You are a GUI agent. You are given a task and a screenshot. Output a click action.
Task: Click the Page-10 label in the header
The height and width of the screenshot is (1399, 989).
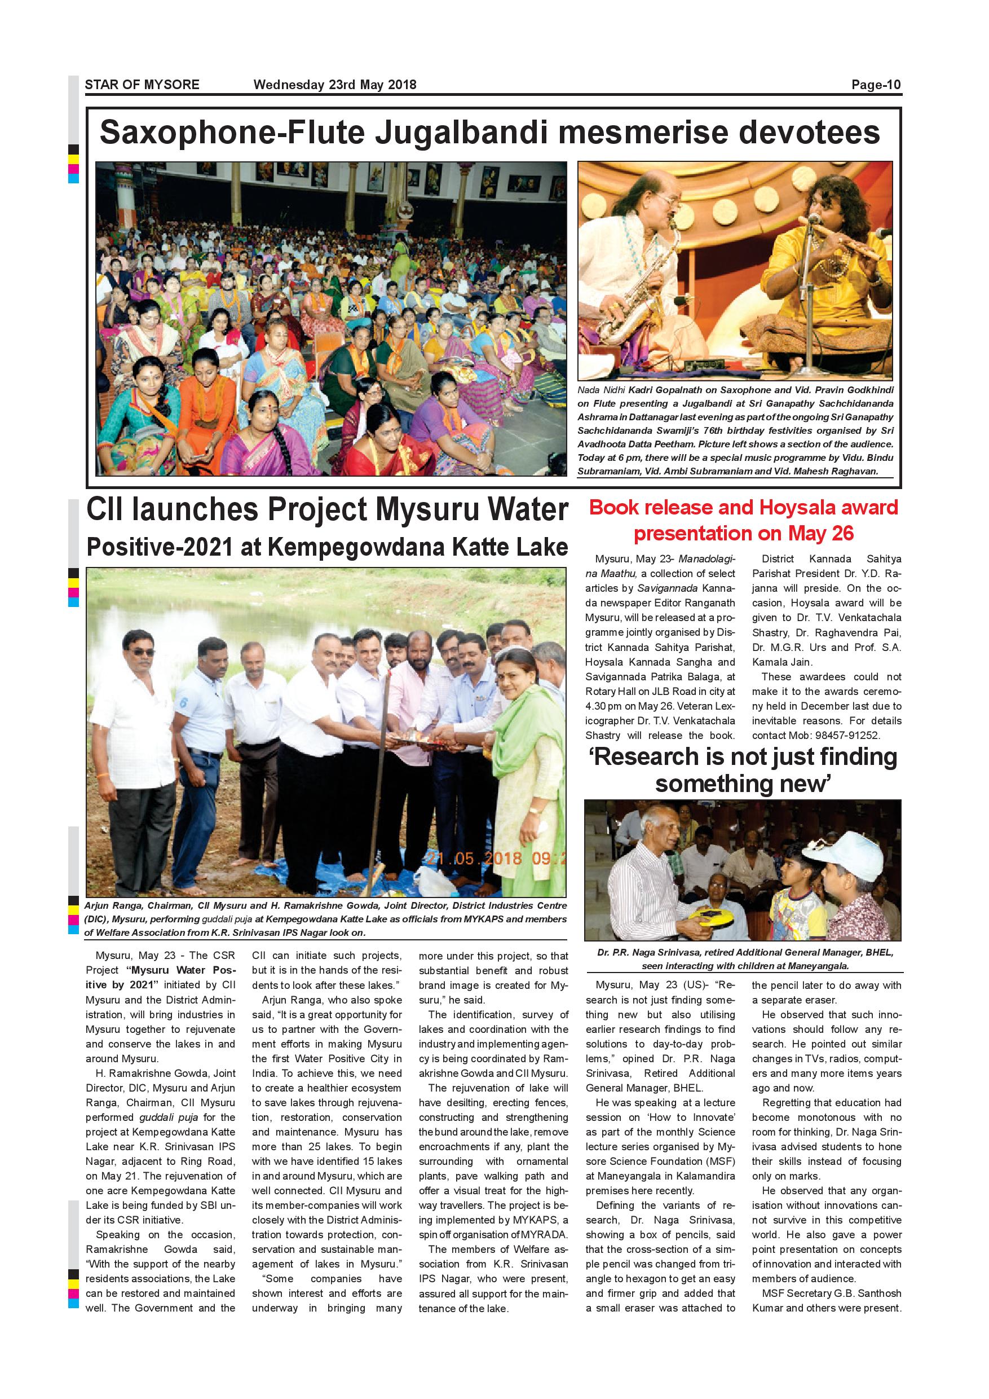tap(875, 85)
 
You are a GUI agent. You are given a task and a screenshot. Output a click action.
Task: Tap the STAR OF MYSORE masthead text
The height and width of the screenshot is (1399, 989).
tap(142, 85)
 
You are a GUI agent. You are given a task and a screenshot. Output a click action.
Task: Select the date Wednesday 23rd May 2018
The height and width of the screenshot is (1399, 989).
tap(334, 85)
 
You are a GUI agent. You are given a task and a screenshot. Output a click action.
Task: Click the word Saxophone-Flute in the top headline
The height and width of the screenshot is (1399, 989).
tap(232, 132)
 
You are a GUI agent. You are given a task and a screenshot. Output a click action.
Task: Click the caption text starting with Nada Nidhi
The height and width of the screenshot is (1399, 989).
tap(735, 430)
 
